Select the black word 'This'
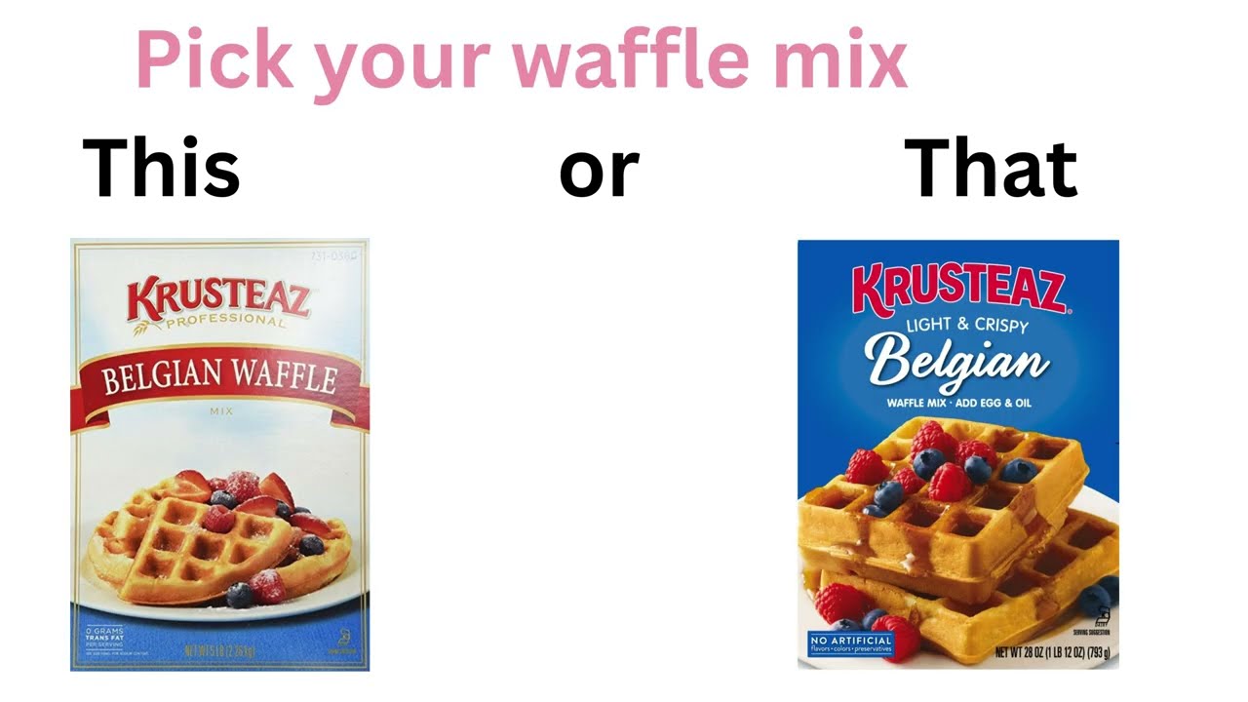(161, 168)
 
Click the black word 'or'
(599, 171)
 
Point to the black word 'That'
(991, 168)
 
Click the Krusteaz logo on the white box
(218, 297)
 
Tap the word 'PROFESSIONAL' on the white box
(225, 322)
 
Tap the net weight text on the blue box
(1052, 652)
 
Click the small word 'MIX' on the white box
(221, 411)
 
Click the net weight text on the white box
(219, 650)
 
